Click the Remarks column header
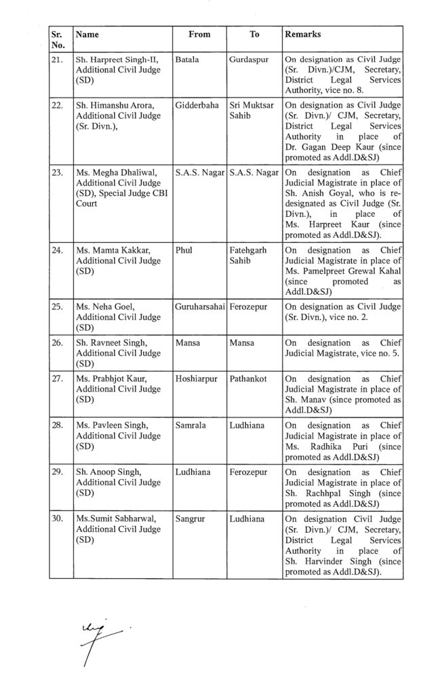(x=302, y=34)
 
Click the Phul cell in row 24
(x=184, y=250)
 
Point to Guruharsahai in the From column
(x=199, y=306)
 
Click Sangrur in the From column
(x=189, y=518)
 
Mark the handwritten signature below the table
(x=95, y=638)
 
